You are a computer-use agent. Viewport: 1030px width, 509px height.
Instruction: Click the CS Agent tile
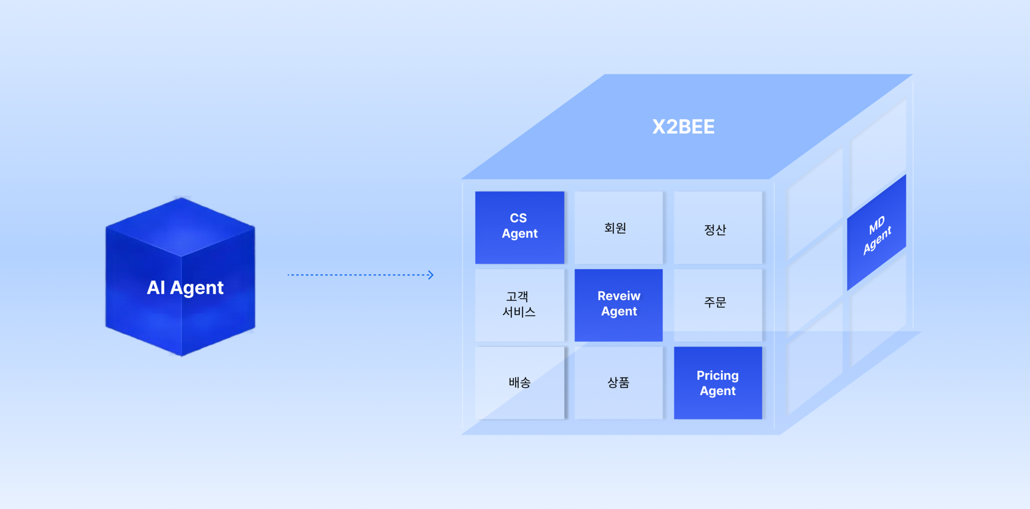pyautogui.click(x=519, y=227)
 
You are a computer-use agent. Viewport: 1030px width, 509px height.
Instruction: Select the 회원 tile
pyautogui.click(x=618, y=227)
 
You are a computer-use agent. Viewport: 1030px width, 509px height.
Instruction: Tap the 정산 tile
pyautogui.click(x=717, y=228)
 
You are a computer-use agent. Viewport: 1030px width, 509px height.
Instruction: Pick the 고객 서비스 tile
pyautogui.click(x=519, y=305)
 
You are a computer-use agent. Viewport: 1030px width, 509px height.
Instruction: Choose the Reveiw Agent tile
pyautogui.click(x=619, y=305)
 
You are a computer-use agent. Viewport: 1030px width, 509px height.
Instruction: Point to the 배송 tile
pyautogui.click(x=519, y=382)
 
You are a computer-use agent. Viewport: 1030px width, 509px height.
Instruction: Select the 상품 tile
pyautogui.click(x=618, y=382)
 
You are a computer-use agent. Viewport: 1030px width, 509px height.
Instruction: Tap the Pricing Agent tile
pyautogui.click(x=718, y=382)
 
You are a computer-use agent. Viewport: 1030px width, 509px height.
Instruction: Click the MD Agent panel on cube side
pyautogui.click(x=877, y=233)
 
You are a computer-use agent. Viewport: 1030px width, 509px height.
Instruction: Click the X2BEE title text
pyautogui.click(x=683, y=127)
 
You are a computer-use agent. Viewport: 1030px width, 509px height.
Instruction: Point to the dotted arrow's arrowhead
pyautogui.click(x=430, y=275)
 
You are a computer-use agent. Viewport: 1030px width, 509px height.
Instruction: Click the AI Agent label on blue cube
pyautogui.click(x=185, y=288)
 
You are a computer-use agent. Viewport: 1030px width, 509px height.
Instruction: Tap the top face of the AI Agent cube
pyautogui.click(x=181, y=226)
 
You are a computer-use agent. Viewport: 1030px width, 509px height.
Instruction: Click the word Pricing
pyautogui.click(x=717, y=375)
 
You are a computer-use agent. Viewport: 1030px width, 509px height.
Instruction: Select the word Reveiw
pyautogui.click(x=619, y=296)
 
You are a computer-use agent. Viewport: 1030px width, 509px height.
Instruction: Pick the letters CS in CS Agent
pyautogui.click(x=518, y=218)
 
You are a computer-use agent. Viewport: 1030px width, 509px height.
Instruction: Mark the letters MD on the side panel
pyautogui.click(x=877, y=225)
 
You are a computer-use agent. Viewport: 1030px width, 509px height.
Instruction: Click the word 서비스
pyautogui.click(x=519, y=312)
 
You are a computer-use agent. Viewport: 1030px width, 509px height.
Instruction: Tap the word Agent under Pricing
pyautogui.click(x=718, y=391)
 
